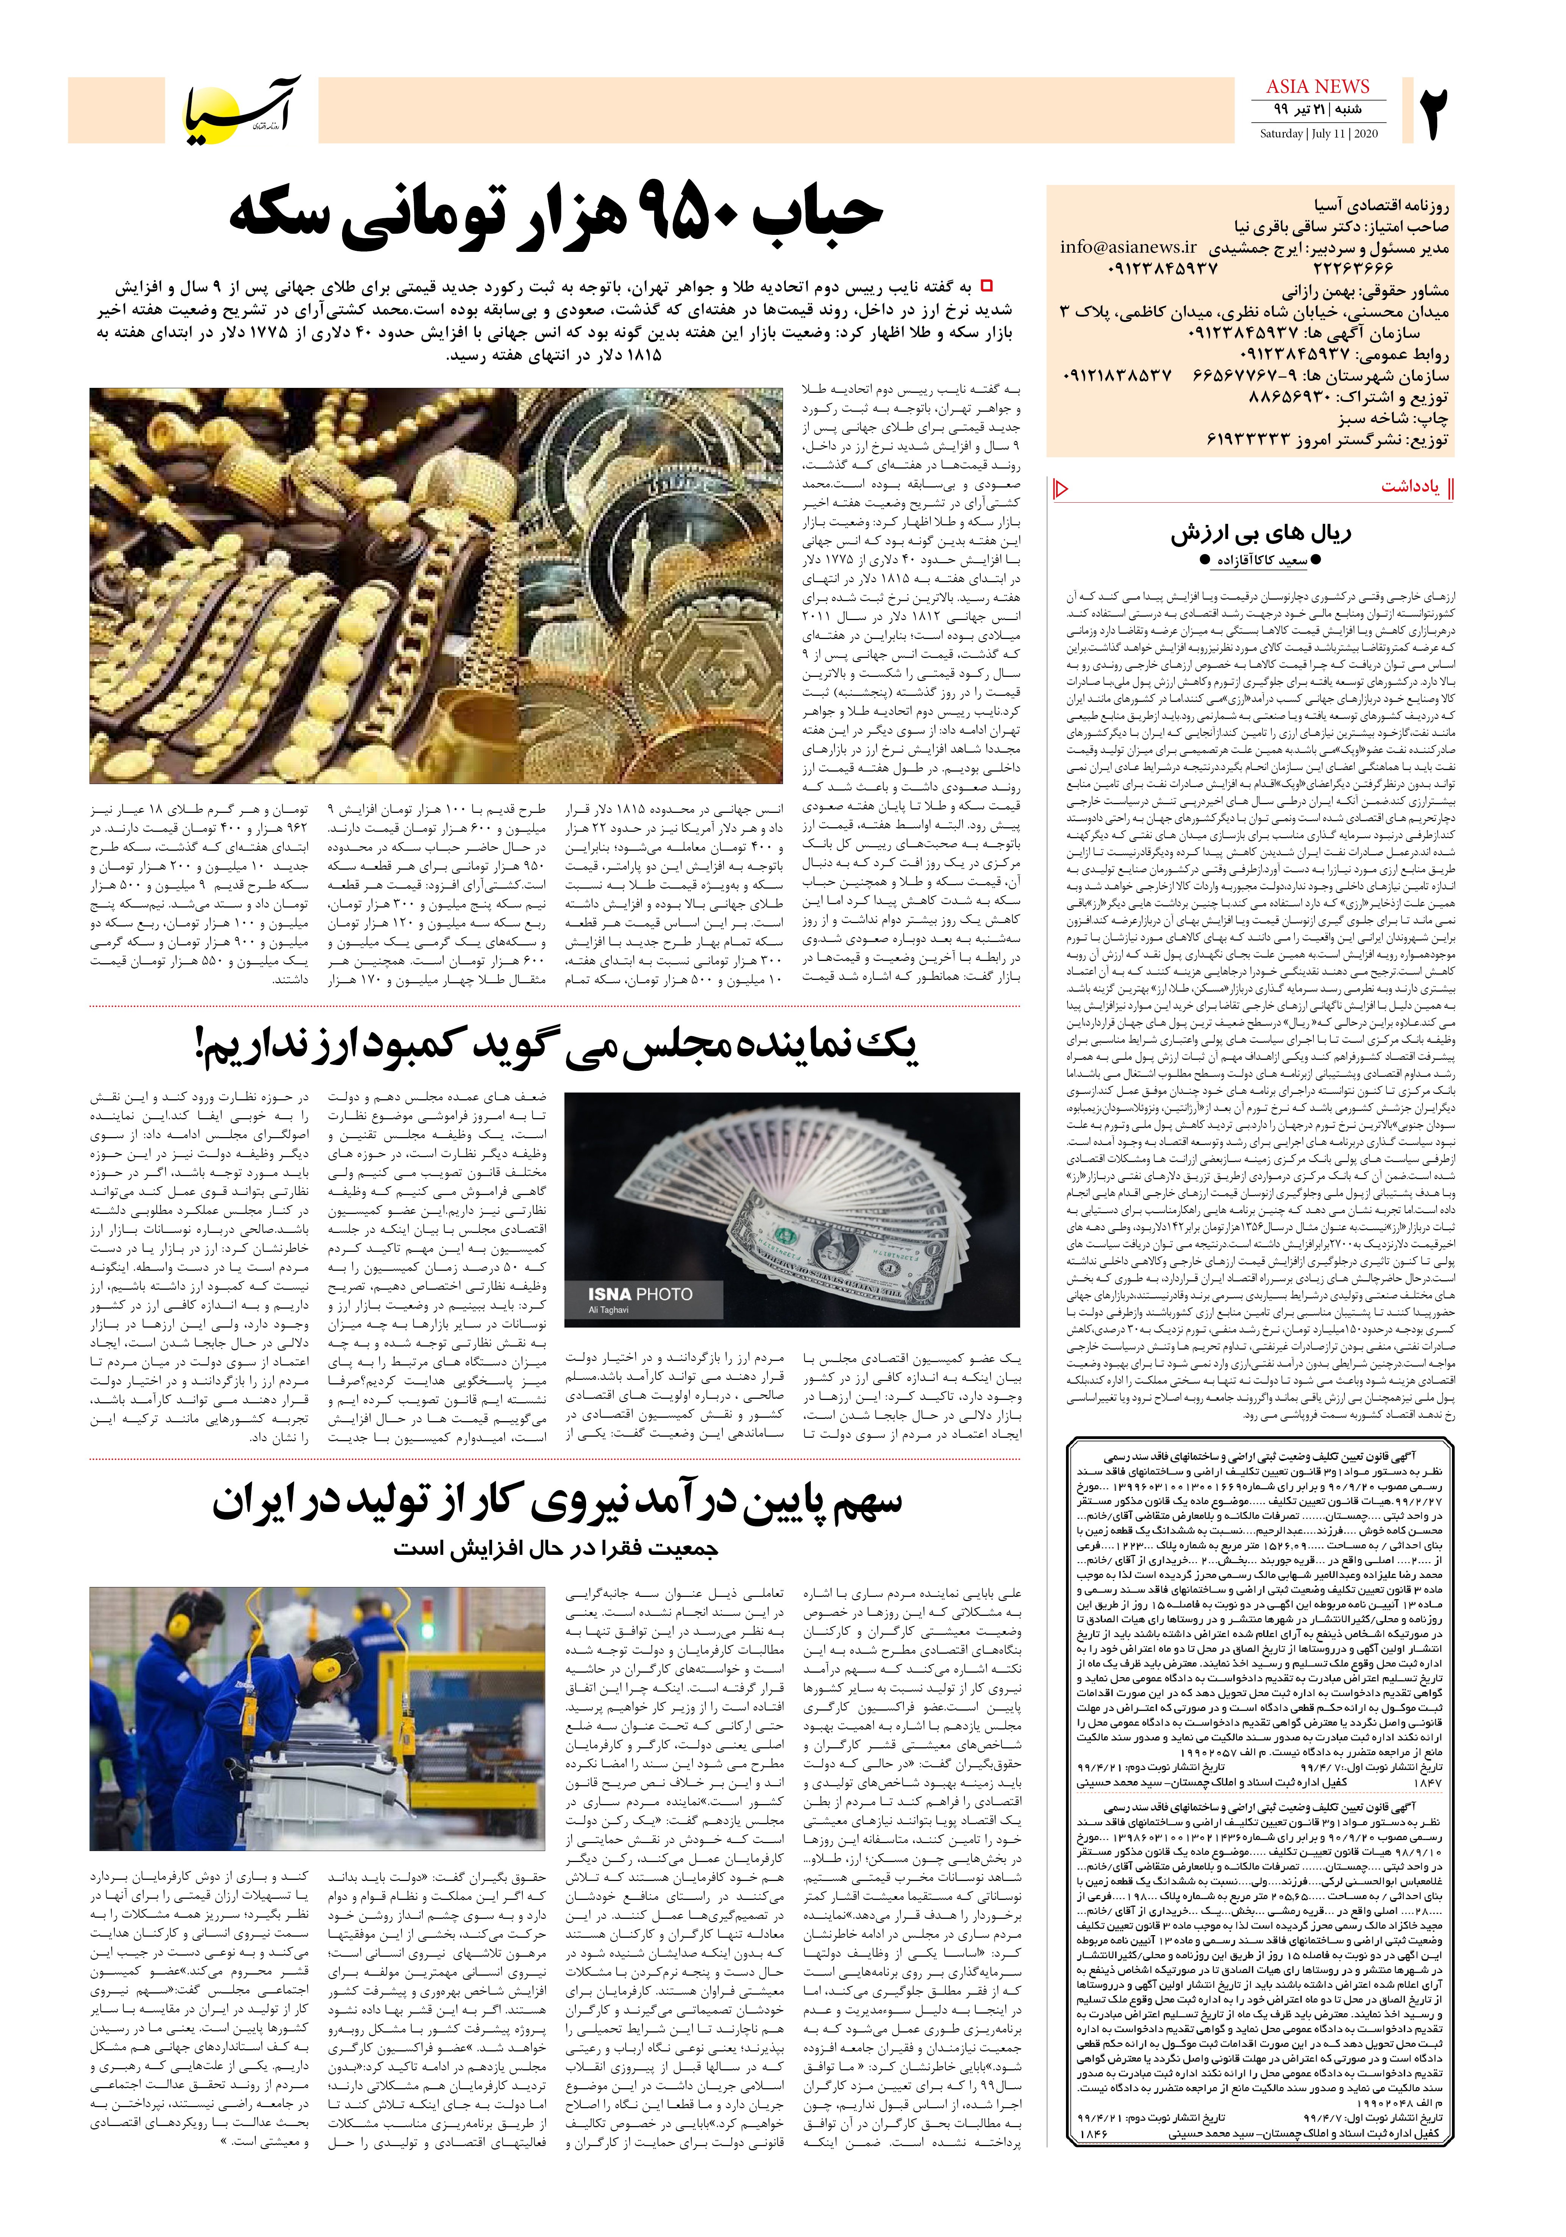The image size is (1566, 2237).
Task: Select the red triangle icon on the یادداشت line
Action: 1062,488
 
